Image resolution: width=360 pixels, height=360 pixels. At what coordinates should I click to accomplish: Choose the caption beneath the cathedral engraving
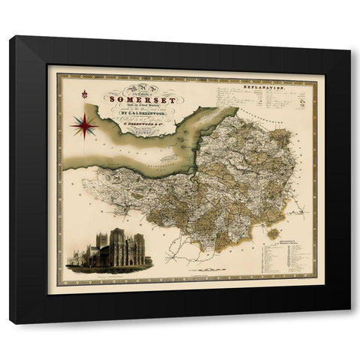(x=112, y=275)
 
